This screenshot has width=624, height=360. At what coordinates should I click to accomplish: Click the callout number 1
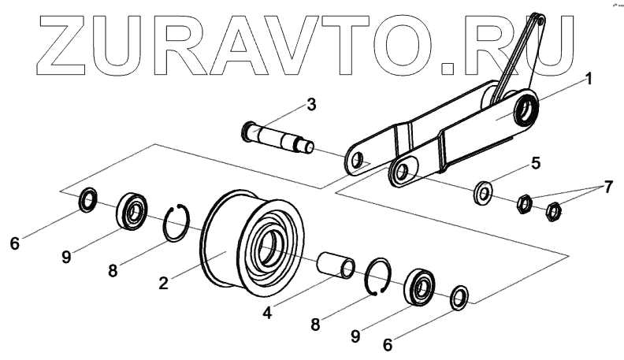(x=588, y=80)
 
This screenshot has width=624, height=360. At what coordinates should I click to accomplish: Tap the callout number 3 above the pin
(x=311, y=104)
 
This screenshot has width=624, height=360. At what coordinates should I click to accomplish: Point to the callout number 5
(x=535, y=164)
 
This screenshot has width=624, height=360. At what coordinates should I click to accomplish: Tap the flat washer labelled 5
(x=481, y=191)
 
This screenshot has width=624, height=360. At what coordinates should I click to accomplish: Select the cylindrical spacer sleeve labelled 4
(x=336, y=265)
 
